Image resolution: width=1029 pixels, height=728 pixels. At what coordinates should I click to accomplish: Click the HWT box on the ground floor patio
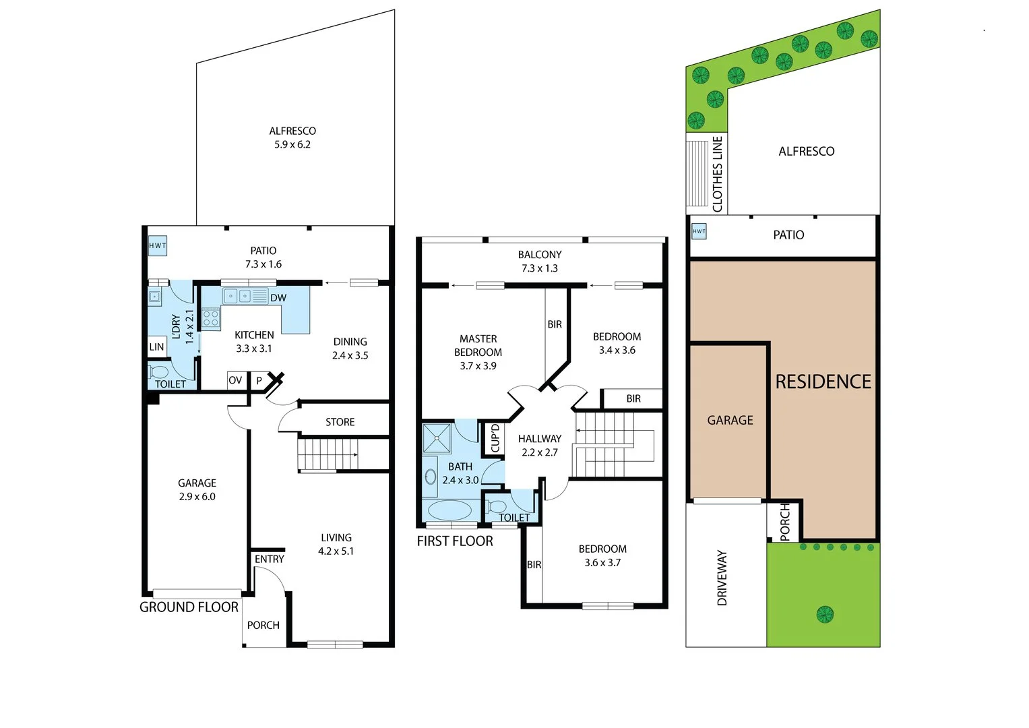pyautogui.click(x=158, y=246)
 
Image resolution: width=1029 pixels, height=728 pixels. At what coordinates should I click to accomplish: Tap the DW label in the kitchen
pyautogui.click(x=278, y=298)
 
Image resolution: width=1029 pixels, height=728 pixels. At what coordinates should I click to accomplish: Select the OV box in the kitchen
pyautogui.click(x=235, y=380)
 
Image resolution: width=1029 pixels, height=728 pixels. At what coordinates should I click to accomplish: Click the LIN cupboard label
pyautogui.click(x=156, y=347)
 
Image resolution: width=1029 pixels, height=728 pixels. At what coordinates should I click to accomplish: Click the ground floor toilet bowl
pyautogui.click(x=159, y=372)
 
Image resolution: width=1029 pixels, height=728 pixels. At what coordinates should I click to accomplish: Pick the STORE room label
pyautogui.click(x=340, y=422)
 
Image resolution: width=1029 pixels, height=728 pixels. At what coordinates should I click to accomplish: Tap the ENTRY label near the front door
pyautogui.click(x=269, y=559)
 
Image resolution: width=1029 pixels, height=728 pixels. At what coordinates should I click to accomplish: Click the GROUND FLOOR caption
pyautogui.click(x=189, y=607)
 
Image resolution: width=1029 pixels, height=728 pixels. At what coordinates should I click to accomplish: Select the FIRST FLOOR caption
pyautogui.click(x=455, y=541)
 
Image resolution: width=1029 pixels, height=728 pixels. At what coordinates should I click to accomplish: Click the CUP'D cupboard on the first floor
pyautogui.click(x=495, y=438)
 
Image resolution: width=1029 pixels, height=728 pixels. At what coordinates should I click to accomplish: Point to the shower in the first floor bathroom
pyautogui.click(x=437, y=438)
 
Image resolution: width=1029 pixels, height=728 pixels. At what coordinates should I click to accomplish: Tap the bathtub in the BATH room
pyautogui.click(x=449, y=510)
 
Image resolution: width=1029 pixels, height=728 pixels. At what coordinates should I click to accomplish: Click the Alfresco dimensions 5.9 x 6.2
pyautogui.click(x=292, y=144)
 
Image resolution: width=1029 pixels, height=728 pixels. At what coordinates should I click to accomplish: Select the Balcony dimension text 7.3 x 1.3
pyautogui.click(x=540, y=268)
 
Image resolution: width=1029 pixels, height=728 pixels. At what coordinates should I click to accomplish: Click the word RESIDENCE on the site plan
pyautogui.click(x=823, y=382)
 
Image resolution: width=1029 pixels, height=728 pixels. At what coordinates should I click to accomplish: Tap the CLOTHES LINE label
pyautogui.click(x=717, y=174)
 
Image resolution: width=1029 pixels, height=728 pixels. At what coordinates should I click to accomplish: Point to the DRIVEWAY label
pyautogui.click(x=722, y=578)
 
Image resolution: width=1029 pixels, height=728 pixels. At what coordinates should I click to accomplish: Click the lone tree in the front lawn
pyautogui.click(x=825, y=614)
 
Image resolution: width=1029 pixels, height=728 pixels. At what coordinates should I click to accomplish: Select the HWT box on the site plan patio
pyautogui.click(x=699, y=231)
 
